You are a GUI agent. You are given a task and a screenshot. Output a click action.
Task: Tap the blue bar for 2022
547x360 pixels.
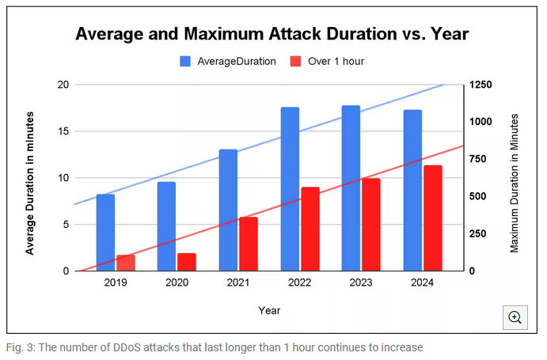(290, 189)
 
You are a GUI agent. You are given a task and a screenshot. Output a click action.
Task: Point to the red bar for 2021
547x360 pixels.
(249, 244)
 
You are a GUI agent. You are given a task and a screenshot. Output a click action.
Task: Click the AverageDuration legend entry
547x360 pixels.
(229, 61)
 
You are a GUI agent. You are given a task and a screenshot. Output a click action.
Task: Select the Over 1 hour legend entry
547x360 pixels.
(328, 61)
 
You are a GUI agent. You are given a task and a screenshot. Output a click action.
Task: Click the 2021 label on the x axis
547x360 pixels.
(237, 282)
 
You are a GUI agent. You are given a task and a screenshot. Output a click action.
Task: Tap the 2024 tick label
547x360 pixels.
(421, 282)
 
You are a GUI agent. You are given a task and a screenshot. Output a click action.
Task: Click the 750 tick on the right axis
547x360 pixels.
(480, 159)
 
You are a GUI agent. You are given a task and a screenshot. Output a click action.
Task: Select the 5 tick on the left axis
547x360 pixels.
(66, 225)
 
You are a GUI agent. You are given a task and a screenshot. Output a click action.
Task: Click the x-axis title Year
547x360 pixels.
(269, 310)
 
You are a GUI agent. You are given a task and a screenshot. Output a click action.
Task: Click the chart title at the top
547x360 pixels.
(272, 34)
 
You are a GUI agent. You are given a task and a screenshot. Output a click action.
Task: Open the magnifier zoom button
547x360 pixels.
(515, 317)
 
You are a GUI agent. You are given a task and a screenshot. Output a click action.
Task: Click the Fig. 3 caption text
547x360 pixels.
(214, 347)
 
